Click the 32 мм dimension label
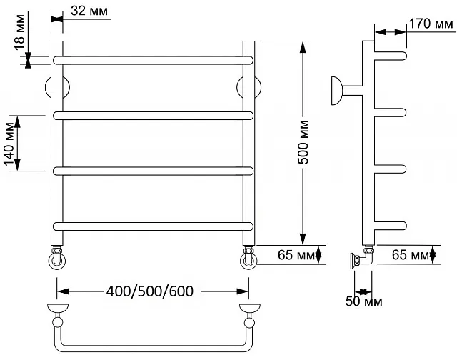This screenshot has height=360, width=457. point(89,11)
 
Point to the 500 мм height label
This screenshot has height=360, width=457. point(303,142)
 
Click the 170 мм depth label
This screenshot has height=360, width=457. point(431,24)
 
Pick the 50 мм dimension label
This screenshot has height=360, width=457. point(363,301)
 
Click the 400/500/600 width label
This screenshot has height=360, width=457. point(149,291)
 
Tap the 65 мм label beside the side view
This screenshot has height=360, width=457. point(411,255)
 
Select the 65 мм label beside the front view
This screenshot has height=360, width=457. point(296,255)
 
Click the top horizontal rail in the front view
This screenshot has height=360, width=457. point(153,60)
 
